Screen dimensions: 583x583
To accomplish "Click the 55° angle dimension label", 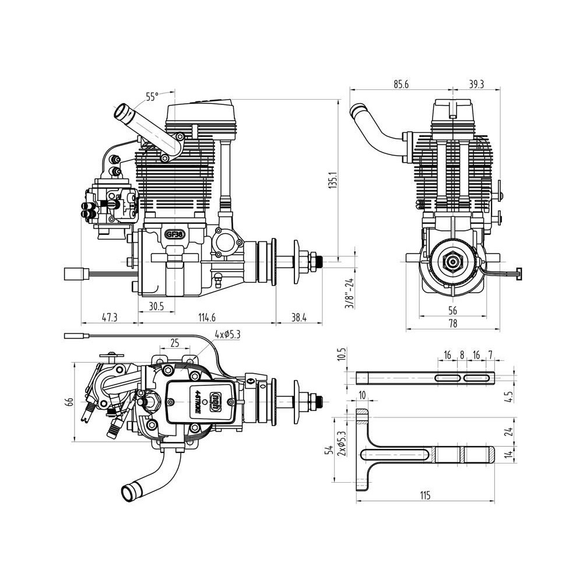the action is click(152, 97).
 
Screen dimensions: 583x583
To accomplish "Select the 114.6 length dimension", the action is click(207, 318).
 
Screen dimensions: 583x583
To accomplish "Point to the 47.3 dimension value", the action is click(110, 318).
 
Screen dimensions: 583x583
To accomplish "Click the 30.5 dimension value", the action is click(156, 306).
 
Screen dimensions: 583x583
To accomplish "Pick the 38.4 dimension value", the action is click(298, 318).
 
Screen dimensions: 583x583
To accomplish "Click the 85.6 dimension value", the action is click(401, 85).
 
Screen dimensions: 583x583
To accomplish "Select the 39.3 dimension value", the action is click(476, 85).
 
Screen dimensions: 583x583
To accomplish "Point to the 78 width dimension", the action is click(452, 324).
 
